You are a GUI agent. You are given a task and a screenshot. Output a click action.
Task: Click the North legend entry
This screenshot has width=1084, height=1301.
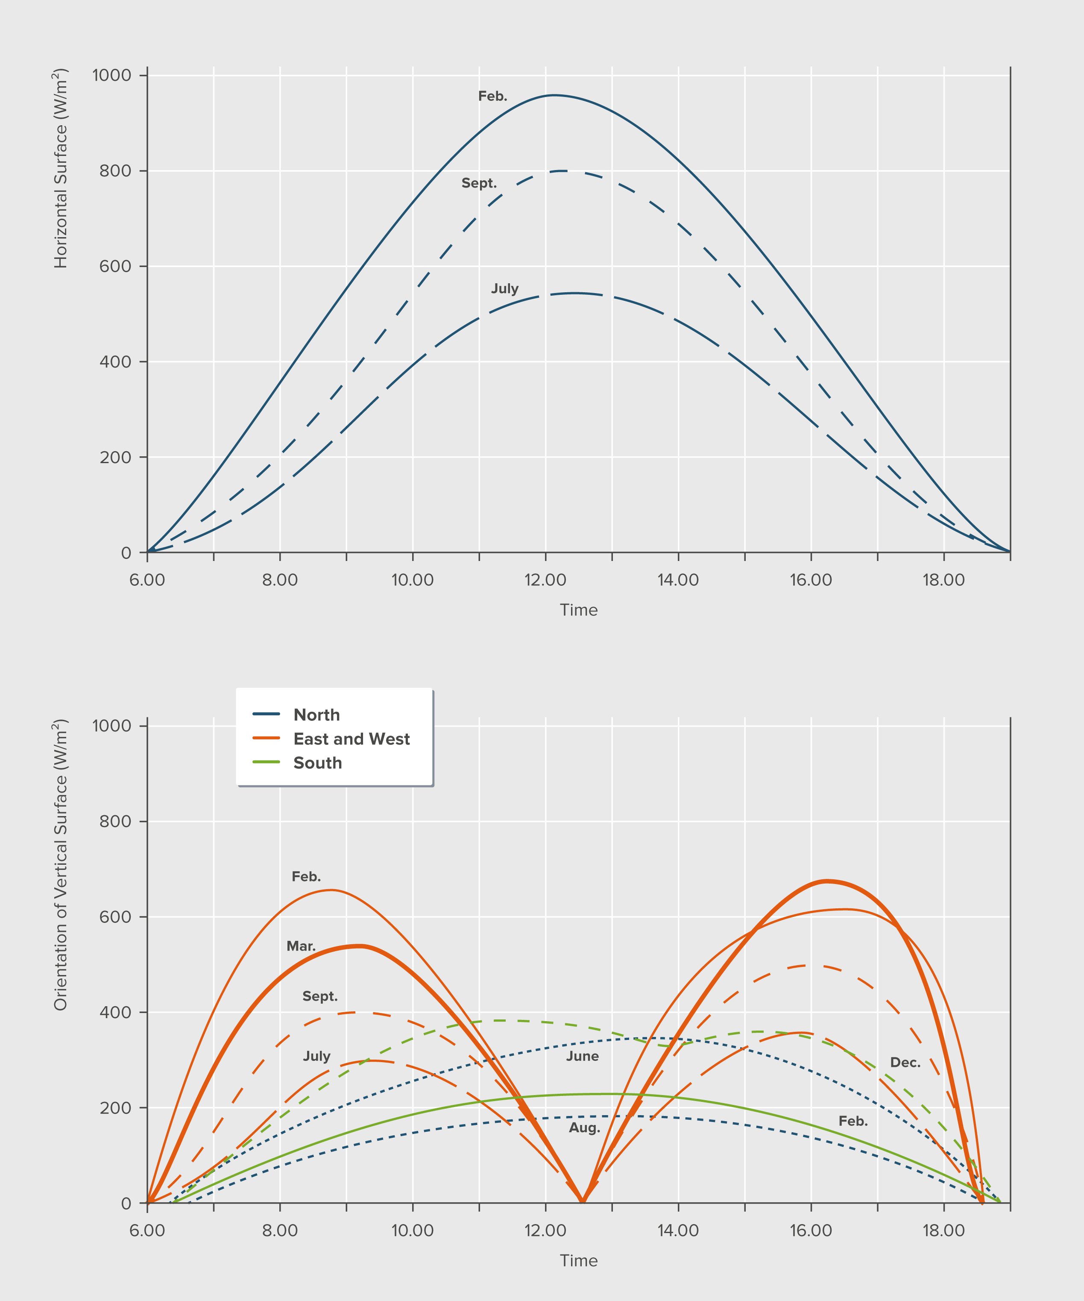pyautogui.click(x=316, y=715)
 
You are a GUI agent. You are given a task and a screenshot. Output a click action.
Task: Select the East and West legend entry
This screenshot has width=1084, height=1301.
pyautogui.click(x=351, y=739)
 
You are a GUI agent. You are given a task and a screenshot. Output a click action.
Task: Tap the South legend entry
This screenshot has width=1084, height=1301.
pyautogui.click(x=317, y=763)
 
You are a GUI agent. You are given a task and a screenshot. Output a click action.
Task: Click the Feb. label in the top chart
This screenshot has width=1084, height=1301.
pyautogui.click(x=492, y=97)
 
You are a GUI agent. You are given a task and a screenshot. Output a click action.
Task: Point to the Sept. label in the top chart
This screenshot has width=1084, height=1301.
pyautogui.click(x=479, y=183)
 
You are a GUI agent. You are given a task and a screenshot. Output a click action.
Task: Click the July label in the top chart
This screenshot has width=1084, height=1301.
pyautogui.click(x=505, y=289)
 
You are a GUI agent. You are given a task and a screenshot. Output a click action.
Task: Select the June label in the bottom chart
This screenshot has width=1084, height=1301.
pyautogui.click(x=582, y=1056)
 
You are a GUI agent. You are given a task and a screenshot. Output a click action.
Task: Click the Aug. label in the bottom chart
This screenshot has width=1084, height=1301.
pyautogui.click(x=585, y=1128)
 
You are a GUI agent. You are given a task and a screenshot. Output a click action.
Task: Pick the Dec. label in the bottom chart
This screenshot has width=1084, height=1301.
pyautogui.click(x=905, y=1063)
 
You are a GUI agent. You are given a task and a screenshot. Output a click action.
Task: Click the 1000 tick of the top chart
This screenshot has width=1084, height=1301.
pyautogui.click(x=112, y=76)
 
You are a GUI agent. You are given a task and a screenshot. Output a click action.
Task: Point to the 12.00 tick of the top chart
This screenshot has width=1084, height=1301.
pyautogui.click(x=545, y=581)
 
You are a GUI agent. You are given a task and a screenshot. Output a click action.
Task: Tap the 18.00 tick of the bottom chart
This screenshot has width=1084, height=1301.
pyautogui.click(x=943, y=1231)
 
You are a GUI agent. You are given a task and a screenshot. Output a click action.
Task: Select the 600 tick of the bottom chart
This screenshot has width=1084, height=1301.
pyautogui.click(x=116, y=917)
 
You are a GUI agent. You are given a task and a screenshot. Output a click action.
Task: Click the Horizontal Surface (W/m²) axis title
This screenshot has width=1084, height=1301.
pyautogui.click(x=61, y=168)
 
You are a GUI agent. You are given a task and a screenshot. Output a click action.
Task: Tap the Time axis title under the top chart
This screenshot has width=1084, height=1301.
pyautogui.click(x=579, y=610)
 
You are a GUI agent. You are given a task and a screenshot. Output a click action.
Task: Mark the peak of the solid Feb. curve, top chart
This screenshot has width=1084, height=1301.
pyautogui.click(x=553, y=95)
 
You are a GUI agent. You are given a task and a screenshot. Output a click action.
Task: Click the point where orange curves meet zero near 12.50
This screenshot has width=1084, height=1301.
pyautogui.click(x=582, y=1202)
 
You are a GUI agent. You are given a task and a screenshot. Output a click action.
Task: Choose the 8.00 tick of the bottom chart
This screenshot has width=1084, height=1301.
pyautogui.click(x=280, y=1231)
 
